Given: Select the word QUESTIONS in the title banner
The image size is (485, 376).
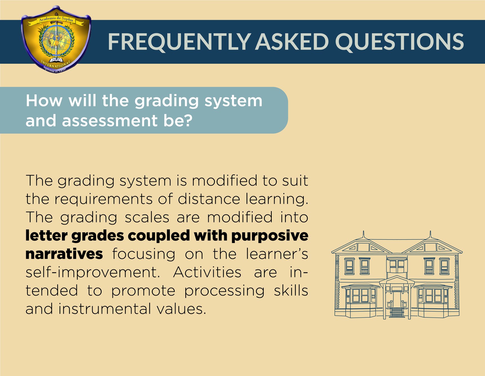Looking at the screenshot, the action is point(399,42).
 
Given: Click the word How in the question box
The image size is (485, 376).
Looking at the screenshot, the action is point(44,101).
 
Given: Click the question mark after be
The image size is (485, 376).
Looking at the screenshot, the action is point(188,121).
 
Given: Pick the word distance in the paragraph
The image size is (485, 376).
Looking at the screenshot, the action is point(209,199).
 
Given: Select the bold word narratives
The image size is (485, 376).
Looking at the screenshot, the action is point(64,254).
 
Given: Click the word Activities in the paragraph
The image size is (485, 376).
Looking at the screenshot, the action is point(207,272).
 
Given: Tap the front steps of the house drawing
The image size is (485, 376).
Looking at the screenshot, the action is point(397,312).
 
